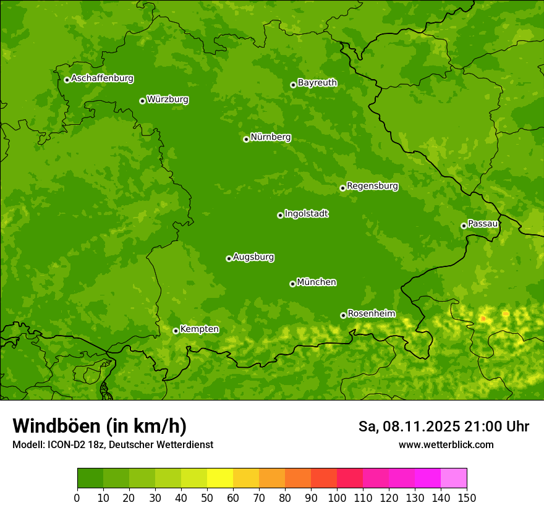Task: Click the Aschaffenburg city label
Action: (x=102, y=78)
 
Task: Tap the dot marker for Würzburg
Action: (x=142, y=101)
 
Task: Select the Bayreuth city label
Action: (x=317, y=83)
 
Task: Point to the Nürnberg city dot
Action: (x=246, y=139)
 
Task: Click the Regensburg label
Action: (x=372, y=186)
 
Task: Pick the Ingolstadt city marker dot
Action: (x=280, y=215)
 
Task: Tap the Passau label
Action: (x=483, y=224)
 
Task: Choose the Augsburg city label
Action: (x=253, y=257)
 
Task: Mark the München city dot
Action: (x=292, y=284)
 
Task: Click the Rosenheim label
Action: (x=371, y=314)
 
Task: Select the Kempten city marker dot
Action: (x=176, y=331)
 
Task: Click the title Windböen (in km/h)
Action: (x=99, y=426)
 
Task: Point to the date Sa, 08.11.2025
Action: (x=409, y=426)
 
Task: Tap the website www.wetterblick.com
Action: (x=446, y=444)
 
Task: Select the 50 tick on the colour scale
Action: (x=206, y=497)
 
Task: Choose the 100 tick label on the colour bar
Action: (x=336, y=497)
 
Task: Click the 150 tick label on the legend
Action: (x=467, y=497)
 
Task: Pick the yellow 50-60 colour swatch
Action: (x=219, y=478)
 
